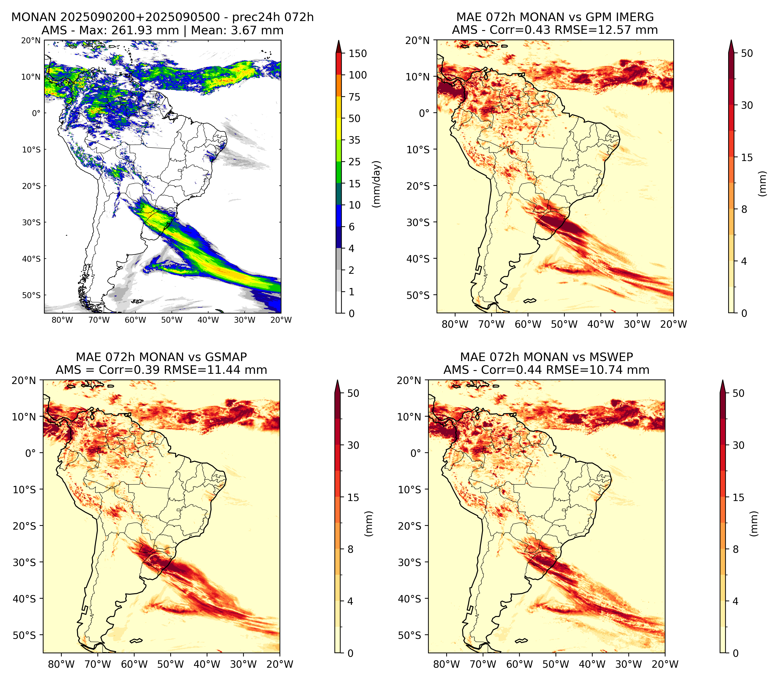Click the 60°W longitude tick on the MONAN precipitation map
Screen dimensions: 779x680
(x=136, y=320)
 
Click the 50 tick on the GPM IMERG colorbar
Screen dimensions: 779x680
(x=747, y=53)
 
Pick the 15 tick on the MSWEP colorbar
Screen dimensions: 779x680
(x=738, y=497)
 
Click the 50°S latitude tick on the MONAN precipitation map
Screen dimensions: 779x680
(x=31, y=295)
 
